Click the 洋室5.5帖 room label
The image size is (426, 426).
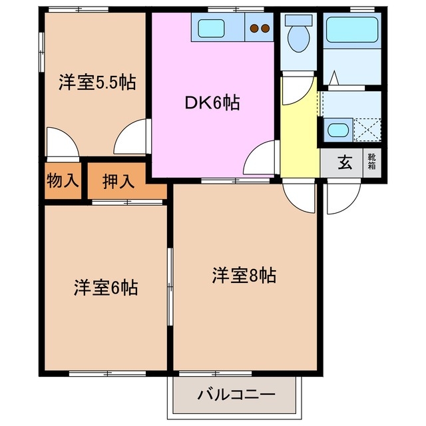click(97, 83)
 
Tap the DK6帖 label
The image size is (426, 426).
click(212, 103)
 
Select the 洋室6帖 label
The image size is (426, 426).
click(106, 288)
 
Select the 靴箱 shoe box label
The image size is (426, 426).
click(371, 162)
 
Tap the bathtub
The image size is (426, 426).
click(351, 30)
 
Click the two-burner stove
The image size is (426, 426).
click(259, 29)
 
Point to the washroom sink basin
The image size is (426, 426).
click(338, 128)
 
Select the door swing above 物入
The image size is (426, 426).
click(62, 142)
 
